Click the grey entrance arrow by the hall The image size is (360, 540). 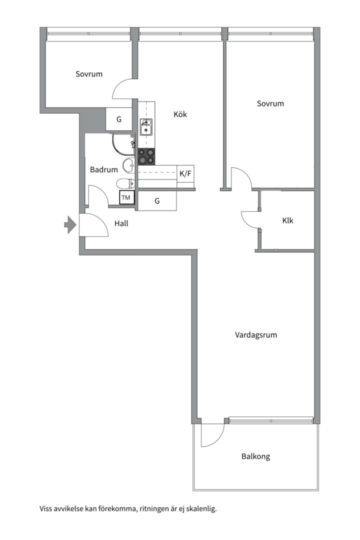(69, 224)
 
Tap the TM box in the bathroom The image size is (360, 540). (126, 198)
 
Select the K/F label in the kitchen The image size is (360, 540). (185, 174)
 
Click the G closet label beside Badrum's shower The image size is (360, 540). (119, 119)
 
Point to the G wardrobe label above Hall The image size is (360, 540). (157, 201)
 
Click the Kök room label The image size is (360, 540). (180, 114)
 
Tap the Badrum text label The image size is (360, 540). (104, 170)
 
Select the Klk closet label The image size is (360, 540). (287, 220)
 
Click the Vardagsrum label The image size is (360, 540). (256, 335)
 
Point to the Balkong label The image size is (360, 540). (255, 456)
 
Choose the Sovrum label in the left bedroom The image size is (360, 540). (89, 74)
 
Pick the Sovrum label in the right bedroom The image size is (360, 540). (270, 103)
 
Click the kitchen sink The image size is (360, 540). (146, 127)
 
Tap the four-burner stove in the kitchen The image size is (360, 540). (146, 156)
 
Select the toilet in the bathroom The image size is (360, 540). (125, 183)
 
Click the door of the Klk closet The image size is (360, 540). (251, 219)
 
